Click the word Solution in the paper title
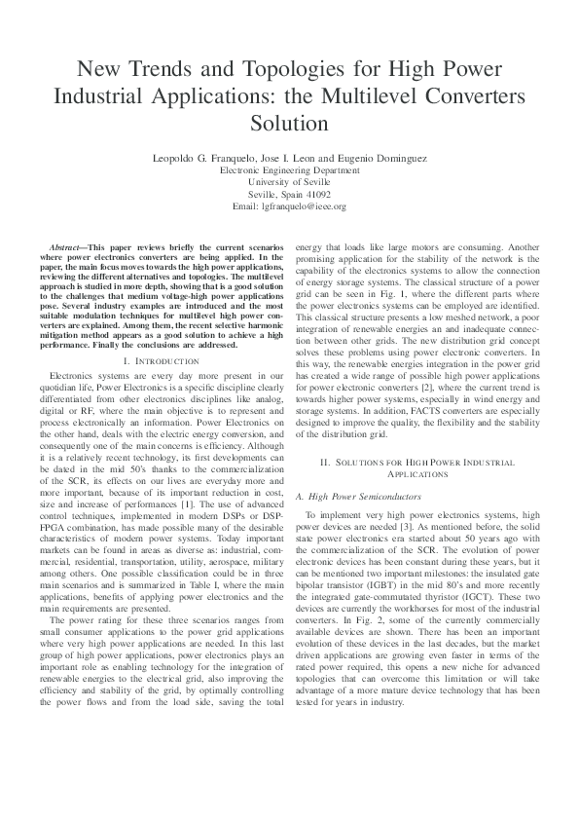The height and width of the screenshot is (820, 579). click(x=289, y=124)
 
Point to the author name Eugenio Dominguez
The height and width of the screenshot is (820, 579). click(x=385, y=158)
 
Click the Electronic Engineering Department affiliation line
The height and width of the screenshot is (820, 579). click(x=289, y=169)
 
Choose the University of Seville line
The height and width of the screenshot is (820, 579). click(x=289, y=181)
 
